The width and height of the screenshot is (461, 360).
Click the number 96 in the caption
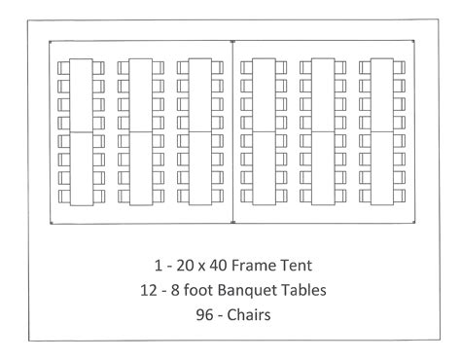click(193, 315)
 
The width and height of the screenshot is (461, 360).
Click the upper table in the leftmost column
click(80, 94)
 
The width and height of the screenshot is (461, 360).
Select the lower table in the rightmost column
click(380, 167)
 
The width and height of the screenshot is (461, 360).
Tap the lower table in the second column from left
click(139, 167)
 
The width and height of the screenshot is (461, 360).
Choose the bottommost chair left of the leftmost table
click(64, 196)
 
